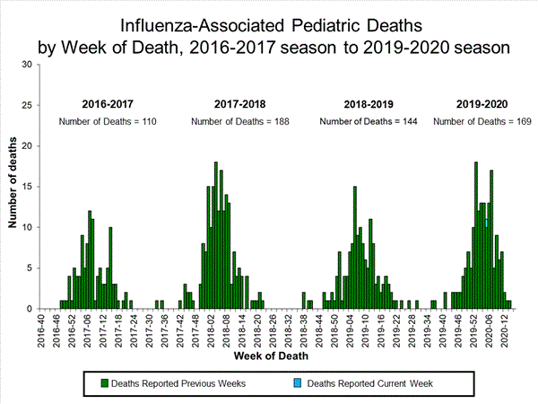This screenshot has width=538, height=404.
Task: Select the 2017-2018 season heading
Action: pyautogui.click(x=239, y=104)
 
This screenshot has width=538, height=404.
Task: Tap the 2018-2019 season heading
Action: pyautogui.click(x=369, y=104)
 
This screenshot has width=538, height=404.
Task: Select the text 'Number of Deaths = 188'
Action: pyautogui.click(x=239, y=120)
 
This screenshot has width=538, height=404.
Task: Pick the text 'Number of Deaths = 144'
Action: pyautogui.click(x=369, y=120)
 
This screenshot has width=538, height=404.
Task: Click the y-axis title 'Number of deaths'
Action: pyautogui.click(x=13, y=187)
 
